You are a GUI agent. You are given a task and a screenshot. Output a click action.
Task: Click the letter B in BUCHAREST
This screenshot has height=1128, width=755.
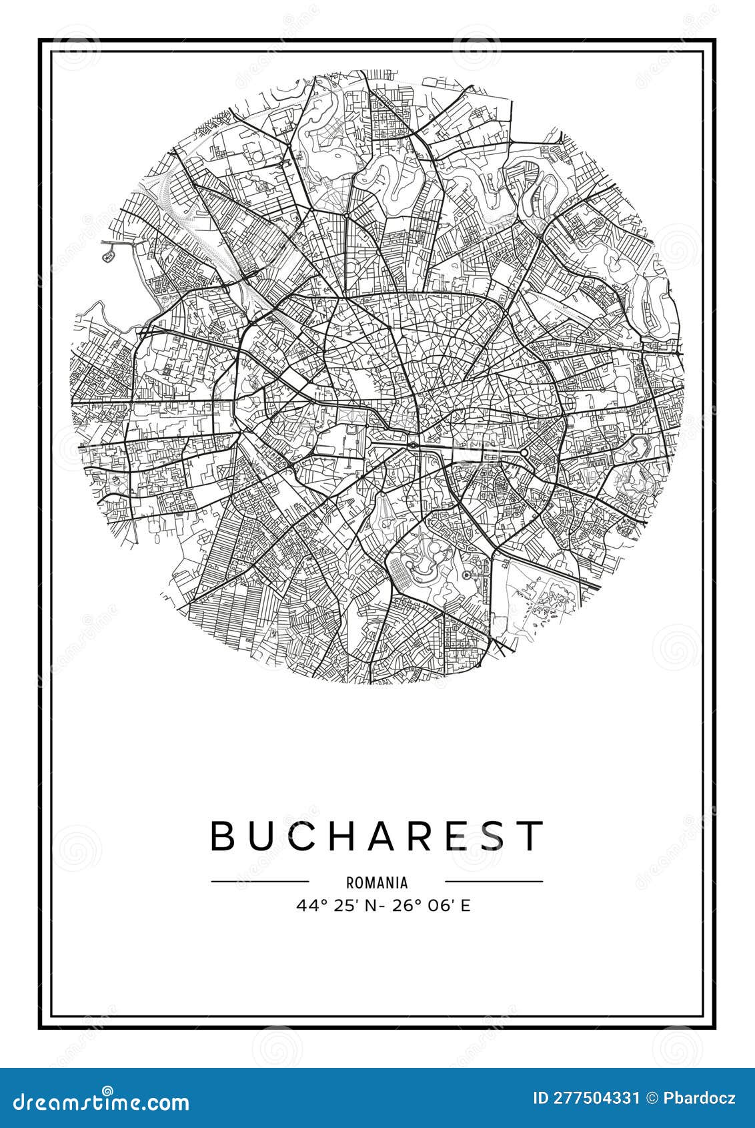pyautogui.click(x=223, y=835)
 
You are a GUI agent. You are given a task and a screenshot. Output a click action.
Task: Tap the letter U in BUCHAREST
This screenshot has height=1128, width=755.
pyautogui.click(x=264, y=835)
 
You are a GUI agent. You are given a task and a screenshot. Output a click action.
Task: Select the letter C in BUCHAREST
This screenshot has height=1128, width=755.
pyautogui.click(x=308, y=835)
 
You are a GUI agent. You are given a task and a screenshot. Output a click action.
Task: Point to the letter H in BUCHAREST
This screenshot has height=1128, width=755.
pyautogui.click(x=352, y=835)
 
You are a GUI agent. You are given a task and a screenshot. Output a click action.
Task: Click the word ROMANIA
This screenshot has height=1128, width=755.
pyautogui.click(x=377, y=882)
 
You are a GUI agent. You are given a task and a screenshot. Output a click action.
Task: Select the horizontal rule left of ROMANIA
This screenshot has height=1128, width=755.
pyautogui.click(x=260, y=881)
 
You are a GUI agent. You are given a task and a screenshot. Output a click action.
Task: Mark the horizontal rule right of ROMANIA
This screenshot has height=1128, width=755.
pyautogui.click(x=494, y=881)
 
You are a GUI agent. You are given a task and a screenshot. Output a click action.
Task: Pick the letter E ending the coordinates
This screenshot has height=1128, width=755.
pyautogui.click(x=466, y=906)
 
